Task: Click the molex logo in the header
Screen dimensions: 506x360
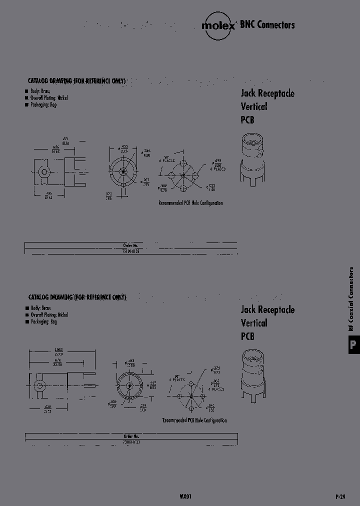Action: pyautogui.click(x=218, y=25)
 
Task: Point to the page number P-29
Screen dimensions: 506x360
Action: pyautogui.click(x=340, y=496)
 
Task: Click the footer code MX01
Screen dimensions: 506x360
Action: pyautogui.click(x=185, y=496)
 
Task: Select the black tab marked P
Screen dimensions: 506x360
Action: pyautogui.click(x=352, y=344)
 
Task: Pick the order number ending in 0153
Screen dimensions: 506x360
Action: pyautogui.click(x=130, y=251)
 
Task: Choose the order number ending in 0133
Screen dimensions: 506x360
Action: pyautogui.click(x=131, y=442)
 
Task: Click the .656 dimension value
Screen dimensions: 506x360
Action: pyautogui.click(x=56, y=147)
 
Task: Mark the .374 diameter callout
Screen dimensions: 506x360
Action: pyautogui.click(x=217, y=369)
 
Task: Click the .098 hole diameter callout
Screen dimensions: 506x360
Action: pyautogui.click(x=218, y=161)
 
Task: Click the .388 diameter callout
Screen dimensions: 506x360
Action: pyautogui.click(x=163, y=187)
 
